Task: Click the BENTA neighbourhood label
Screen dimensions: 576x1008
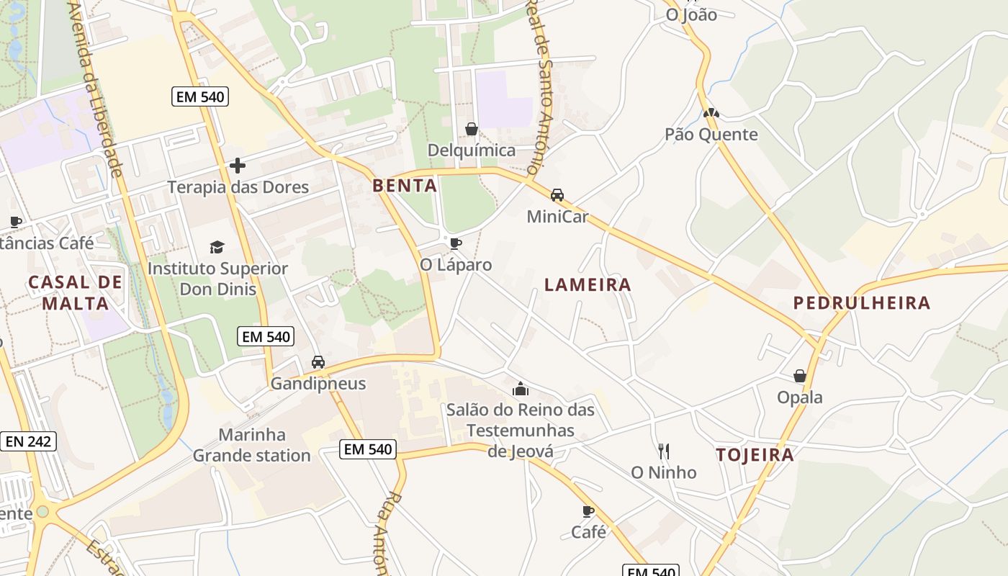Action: [405, 186]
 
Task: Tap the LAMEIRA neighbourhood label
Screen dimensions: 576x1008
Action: [588, 285]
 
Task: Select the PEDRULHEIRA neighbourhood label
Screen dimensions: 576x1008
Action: [862, 303]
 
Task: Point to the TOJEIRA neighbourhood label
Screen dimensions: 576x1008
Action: [755, 455]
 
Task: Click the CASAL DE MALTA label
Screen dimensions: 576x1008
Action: [75, 292]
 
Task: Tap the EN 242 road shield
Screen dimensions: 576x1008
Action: [28, 441]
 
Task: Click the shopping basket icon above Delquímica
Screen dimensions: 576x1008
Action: [472, 130]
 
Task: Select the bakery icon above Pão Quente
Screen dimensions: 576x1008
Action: [711, 113]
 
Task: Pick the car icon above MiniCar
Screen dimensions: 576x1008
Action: [557, 195]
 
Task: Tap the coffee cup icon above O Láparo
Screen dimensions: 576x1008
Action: [455, 243]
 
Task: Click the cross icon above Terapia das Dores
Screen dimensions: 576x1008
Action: [238, 166]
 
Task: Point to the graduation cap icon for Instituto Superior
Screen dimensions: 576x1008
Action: [217, 248]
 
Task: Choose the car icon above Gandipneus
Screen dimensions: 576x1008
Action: [318, 362]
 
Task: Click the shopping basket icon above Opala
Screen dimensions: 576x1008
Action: [799, 376]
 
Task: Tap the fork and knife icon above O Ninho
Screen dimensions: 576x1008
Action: [664, 451]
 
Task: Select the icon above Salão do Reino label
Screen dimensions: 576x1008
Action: [521, 390]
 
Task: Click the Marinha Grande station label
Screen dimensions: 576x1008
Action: [252, 445]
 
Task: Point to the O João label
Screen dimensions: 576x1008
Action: [691, 14]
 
